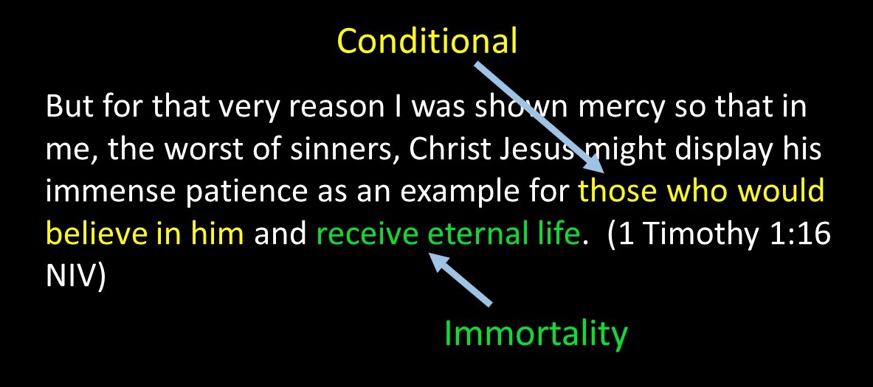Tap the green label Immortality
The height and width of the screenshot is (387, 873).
pos(535,334)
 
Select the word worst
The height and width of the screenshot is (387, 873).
pos(184,150)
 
